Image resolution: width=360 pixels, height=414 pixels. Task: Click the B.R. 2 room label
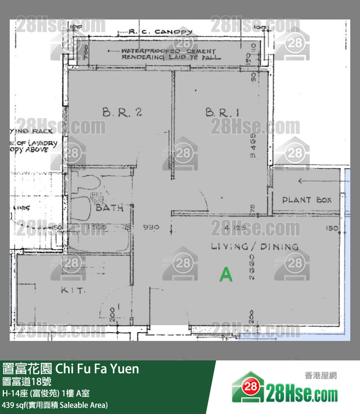122,113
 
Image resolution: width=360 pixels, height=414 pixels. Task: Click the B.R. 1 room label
222,113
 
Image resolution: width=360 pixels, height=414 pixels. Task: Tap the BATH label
109,208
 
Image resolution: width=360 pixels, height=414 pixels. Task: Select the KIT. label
73,290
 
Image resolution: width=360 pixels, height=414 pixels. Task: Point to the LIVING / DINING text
254,246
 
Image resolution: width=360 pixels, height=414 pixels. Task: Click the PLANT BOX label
307,200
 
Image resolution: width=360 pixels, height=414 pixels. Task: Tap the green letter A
226,275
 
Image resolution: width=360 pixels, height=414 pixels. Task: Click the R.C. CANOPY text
161,32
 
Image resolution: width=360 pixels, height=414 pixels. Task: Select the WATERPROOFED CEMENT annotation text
168,51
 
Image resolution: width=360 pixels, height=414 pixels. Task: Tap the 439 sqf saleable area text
55,405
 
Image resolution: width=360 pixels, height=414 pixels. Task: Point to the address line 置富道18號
27,381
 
